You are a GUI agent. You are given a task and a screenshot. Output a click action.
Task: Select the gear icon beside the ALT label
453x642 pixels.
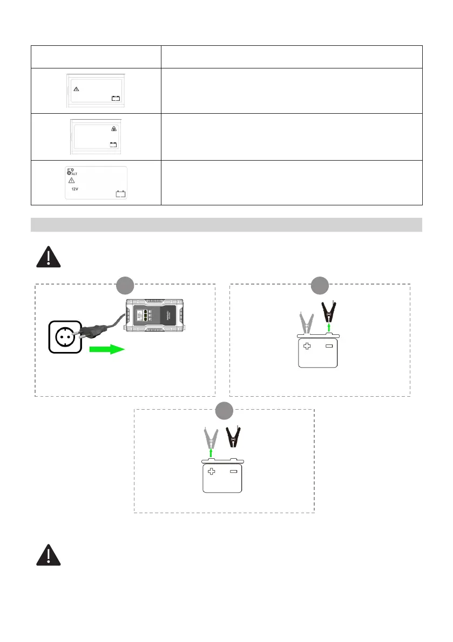[x=70, y=171]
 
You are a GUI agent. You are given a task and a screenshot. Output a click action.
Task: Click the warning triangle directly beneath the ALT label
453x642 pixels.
[x=71, y=181]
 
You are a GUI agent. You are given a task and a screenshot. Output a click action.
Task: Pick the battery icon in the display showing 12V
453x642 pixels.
[x=120, y=194]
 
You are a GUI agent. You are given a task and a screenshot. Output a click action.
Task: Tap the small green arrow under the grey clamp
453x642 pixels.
[x=211, y=453]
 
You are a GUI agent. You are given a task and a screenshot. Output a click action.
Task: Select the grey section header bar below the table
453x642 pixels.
[x=226, y=225]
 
